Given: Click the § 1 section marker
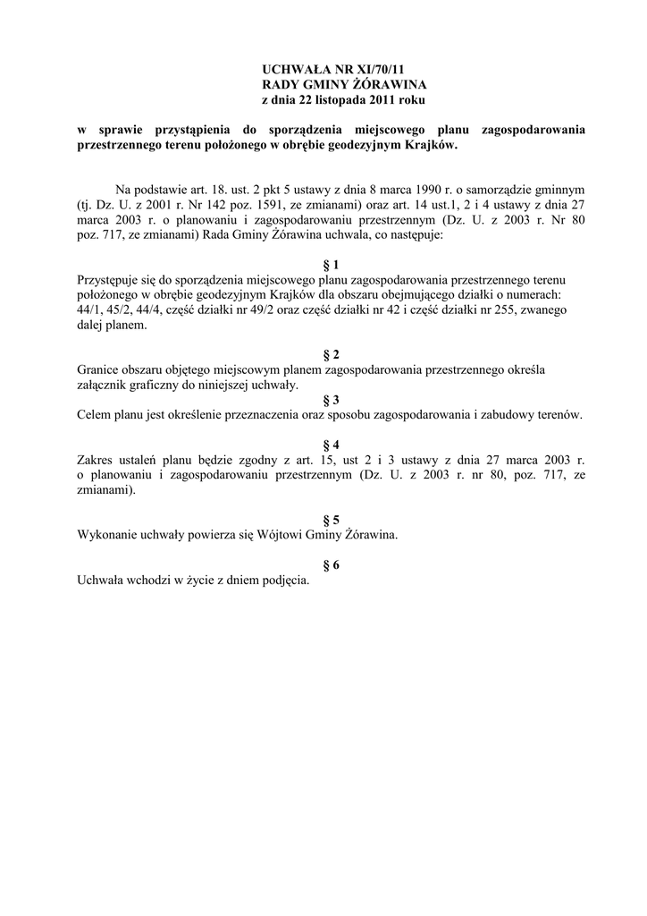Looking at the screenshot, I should click(331, 265).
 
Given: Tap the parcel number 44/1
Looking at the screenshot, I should click(91, 310).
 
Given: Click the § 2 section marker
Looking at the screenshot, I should click(331, 354).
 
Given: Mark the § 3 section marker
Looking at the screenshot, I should click(331, 400).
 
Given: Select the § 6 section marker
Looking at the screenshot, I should click(331, 564).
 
